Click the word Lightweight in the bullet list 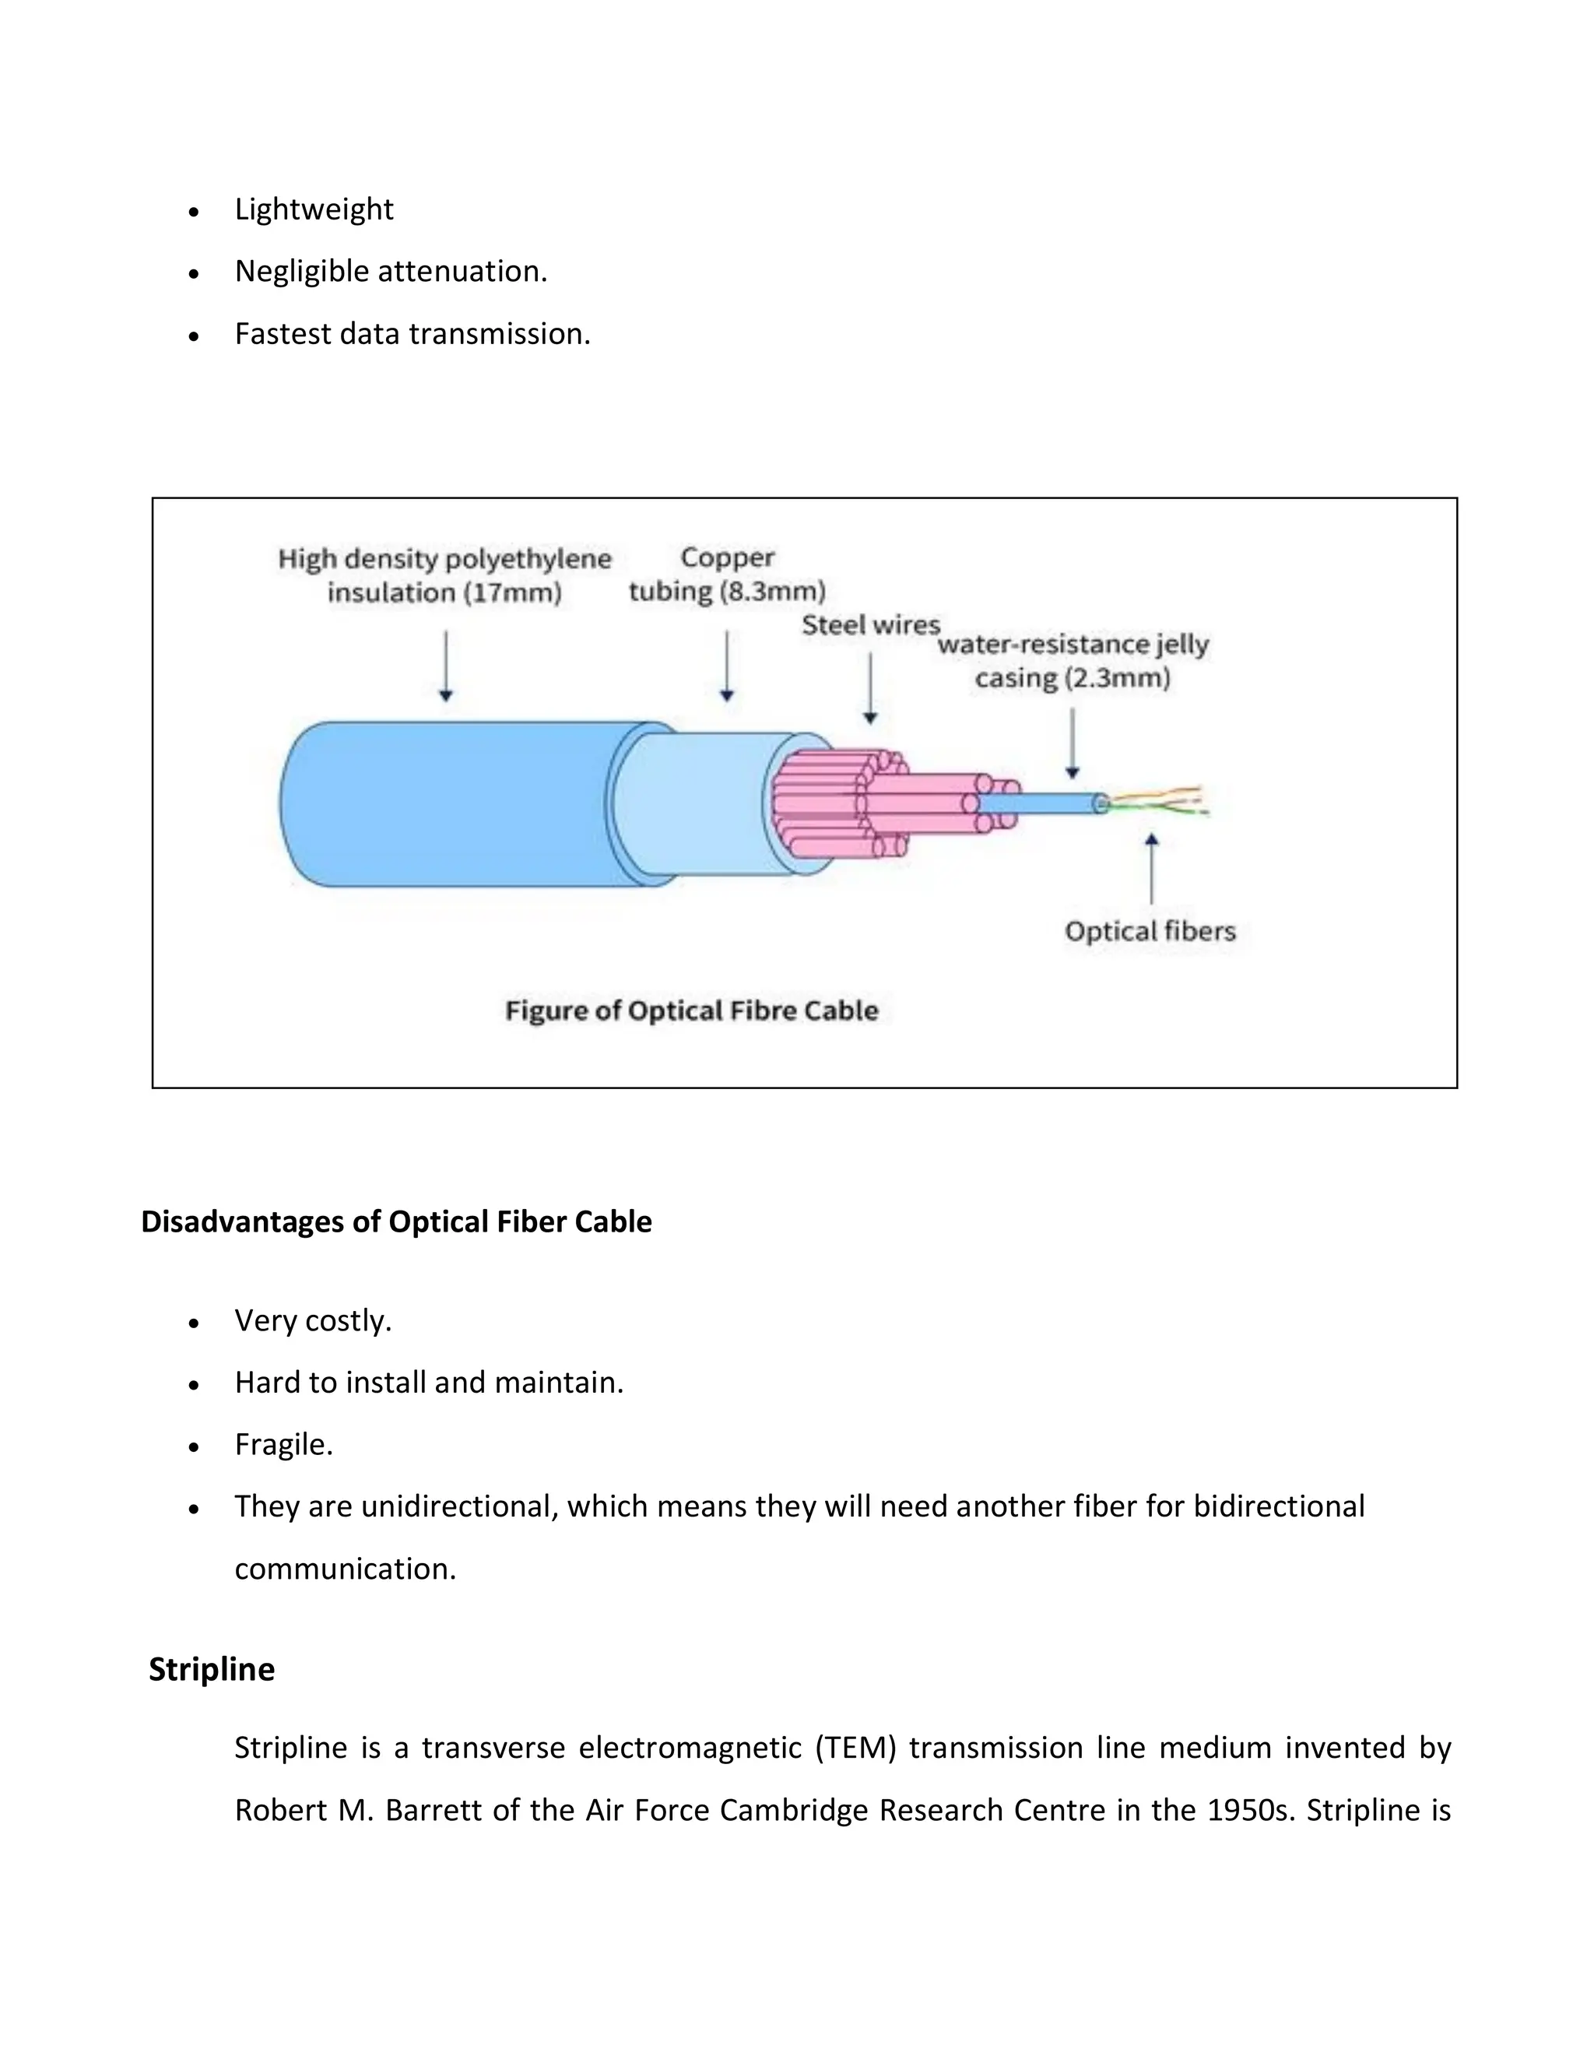pos(314,209)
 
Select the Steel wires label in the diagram pos(871,624)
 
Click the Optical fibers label pos(1150,931)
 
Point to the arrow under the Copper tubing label pos(726,666)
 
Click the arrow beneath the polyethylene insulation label pos(446,666)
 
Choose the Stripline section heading pos(212,1669)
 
